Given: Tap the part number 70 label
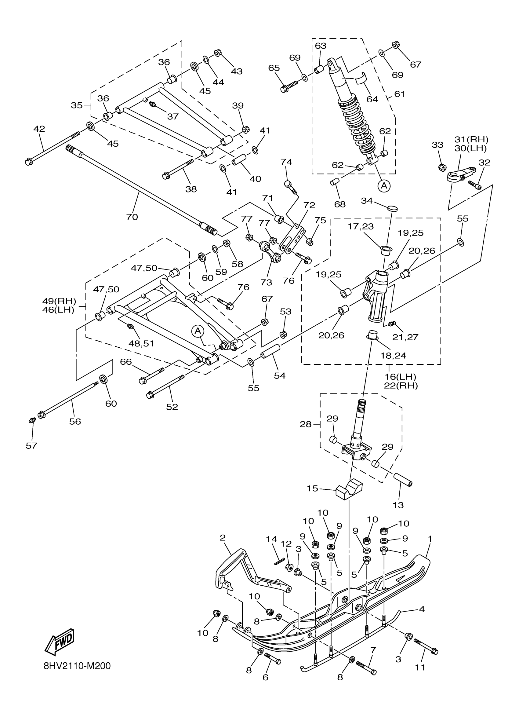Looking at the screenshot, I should [132, 217].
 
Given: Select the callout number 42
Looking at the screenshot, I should [39, 129].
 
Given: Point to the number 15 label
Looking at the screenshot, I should [312, 488].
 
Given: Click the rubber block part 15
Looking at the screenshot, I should [349, 491].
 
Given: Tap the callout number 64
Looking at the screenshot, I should [372, 99].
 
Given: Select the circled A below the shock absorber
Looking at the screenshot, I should [384, 186].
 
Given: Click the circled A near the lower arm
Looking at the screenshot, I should [198, 331].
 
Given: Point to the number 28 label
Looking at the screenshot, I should [306, 424].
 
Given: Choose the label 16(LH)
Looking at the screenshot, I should [400, 377].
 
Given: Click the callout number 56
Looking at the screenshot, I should [75, 421].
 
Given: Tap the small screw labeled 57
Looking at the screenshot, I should [31, 420].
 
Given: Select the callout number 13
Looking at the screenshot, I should [398, 505].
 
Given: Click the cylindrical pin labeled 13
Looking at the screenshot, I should [402, 480].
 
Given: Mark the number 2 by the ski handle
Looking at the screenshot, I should [223, 537].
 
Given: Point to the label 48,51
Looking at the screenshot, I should [141, 343].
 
